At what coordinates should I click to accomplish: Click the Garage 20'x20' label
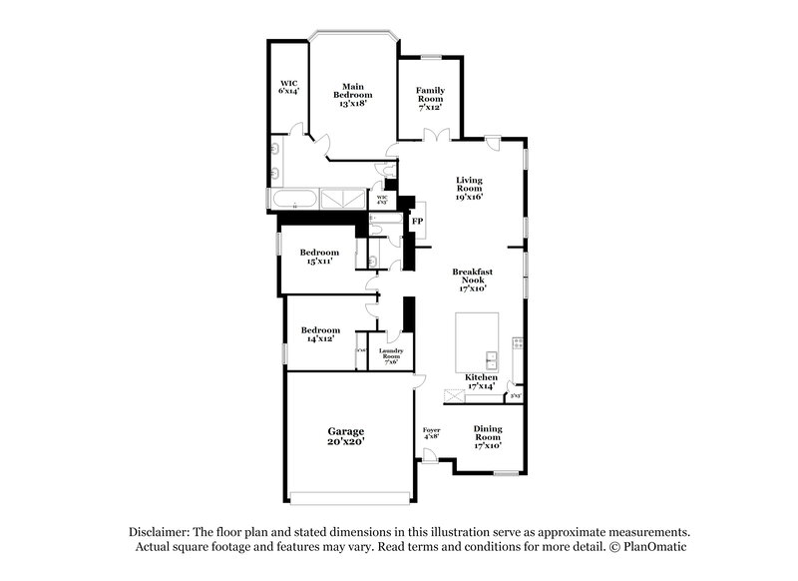346,436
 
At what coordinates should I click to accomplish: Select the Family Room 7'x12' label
430,98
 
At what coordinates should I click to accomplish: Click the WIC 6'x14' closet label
288,87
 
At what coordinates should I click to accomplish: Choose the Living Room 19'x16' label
470,189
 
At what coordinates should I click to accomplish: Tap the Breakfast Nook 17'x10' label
472,280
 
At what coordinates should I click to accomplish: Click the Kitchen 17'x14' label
481,381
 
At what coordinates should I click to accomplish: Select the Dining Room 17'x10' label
487,435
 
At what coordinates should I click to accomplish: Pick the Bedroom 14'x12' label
320,334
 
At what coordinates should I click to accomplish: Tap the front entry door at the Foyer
428,456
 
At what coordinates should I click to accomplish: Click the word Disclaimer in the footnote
163,532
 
